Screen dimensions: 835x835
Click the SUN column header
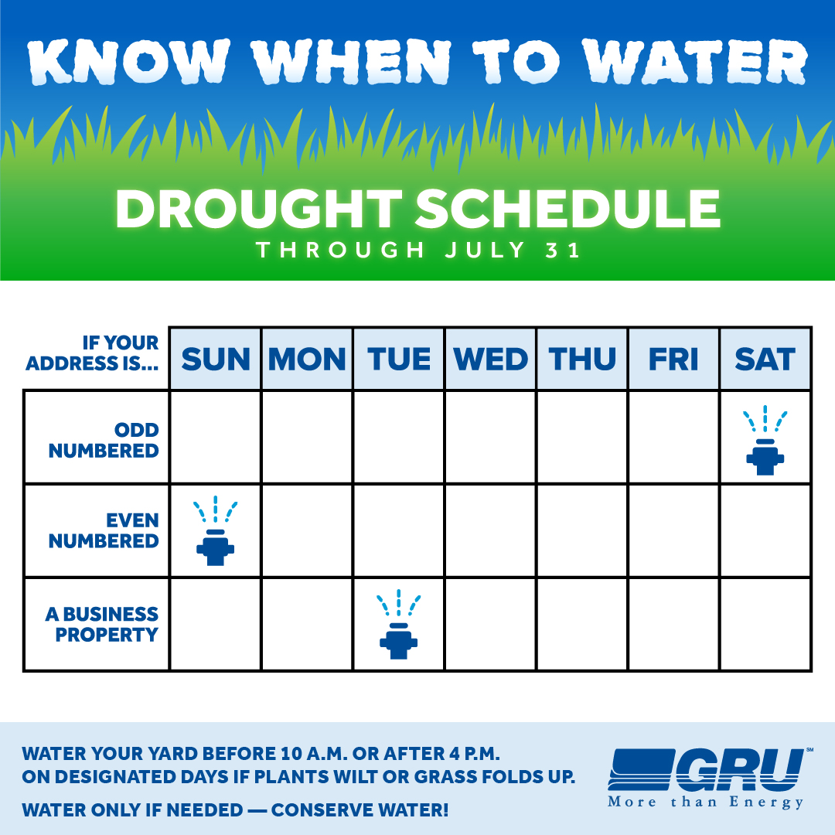click(x=216, y=359)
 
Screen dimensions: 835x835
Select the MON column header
click(x=307, y=359)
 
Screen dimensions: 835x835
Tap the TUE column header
click(x=399, y=359)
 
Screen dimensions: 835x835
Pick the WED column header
click(x=490, y=359)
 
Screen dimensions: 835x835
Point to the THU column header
click(x=582, y=359)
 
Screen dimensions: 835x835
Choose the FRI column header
click(x=673, y=359)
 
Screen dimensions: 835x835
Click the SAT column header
click(x=765, y=359)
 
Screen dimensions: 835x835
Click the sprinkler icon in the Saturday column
click(x=765, y=441)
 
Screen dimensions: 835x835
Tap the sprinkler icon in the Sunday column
click(x=216, y=531)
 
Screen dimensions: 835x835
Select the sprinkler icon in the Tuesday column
click(x=399, y=624)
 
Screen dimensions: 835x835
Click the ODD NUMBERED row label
click(x=104, y=441)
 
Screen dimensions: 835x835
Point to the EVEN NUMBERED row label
click(x=104, y=531)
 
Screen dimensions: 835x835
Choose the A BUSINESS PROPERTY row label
click(x=102, y=624)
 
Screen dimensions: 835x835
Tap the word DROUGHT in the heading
click(x=259, y=209)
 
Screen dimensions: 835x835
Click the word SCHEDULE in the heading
click(x=567, y=209)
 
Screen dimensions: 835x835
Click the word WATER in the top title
click(x=695, y=61)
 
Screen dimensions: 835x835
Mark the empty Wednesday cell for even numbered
click(x=490, y=531)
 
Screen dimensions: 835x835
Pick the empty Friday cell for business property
click(x=673, y=624)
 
